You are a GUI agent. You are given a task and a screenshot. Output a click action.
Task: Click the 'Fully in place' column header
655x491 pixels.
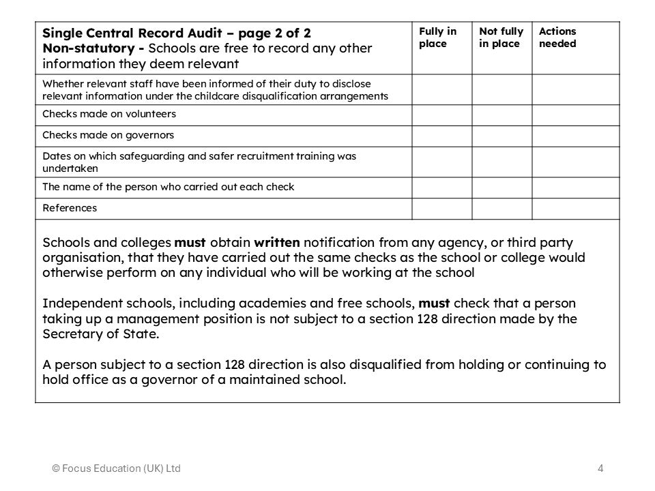(437, 38)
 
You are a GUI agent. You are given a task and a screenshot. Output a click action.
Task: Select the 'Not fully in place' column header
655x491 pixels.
(501, 38)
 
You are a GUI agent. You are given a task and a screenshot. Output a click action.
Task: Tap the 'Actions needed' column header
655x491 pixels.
(557, 38)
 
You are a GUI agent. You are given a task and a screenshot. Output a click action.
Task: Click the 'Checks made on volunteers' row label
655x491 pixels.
(109, 114)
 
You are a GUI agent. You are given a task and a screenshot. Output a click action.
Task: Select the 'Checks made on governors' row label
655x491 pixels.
(108, 135)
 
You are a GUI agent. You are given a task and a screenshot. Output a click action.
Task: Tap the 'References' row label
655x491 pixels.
(70, 208)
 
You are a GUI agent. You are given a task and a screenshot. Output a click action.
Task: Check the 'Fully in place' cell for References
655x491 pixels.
(441, 208)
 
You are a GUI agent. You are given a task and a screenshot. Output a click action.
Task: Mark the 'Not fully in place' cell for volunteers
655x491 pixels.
(501, 115)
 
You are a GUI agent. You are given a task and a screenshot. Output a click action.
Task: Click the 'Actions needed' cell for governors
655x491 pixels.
(575, 136)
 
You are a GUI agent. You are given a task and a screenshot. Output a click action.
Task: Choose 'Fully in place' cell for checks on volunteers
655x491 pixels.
(441, 115)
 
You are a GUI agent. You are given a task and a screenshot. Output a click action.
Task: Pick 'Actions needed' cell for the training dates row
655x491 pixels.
(575, 162)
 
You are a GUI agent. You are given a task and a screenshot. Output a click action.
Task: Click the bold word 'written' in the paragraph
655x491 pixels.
(276, 243)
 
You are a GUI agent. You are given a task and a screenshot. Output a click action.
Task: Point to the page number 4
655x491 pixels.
(600, 468)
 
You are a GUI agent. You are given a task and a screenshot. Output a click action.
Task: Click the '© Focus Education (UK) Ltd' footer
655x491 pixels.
(117, 468)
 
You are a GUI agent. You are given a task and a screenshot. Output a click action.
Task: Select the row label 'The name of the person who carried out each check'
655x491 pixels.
(169, 187)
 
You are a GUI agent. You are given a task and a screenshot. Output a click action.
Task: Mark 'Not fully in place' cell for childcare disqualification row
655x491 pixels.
(501, 89)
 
